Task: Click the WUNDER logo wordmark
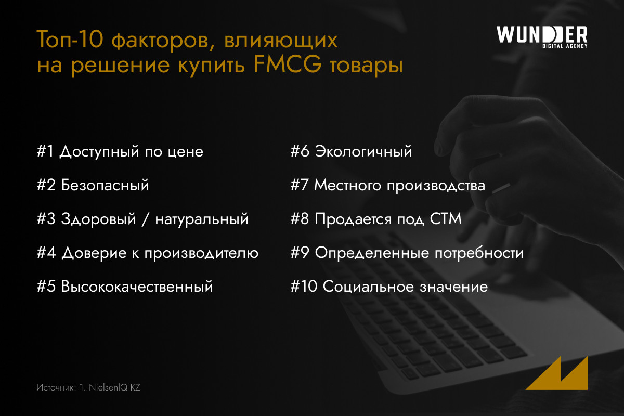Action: pos(542,34)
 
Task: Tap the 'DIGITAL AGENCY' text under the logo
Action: pos(565,46)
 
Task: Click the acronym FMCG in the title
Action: pos(288,64)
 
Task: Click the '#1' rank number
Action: pos(45,151)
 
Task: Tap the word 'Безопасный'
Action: pos(105,185)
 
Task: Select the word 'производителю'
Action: pos(201,253)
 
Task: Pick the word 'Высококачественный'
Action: pos(137,287)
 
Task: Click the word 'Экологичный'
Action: pos(363,151)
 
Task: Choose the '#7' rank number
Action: pos(300,185)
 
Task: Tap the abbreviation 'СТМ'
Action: pos(446,219)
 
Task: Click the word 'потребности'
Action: pos(479,253)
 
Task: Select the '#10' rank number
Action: pos(304,287)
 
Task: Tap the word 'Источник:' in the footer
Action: pos(56,387)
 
